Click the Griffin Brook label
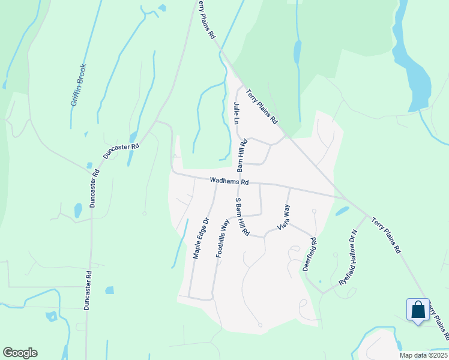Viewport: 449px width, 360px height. pos(79,85)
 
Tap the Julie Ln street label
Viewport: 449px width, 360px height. pos(237,113)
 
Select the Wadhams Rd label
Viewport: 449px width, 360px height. pos(229,181)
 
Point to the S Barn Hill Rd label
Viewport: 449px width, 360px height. pos(242,216)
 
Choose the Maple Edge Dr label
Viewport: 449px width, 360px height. pos(200,238)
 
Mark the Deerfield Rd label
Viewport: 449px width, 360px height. pos(309,253)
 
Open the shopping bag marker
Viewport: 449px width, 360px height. pos(418,310)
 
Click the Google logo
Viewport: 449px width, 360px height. pos(20,353)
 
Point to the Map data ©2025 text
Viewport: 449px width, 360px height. pos(423,355)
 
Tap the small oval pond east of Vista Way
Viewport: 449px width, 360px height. pos(342,211)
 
